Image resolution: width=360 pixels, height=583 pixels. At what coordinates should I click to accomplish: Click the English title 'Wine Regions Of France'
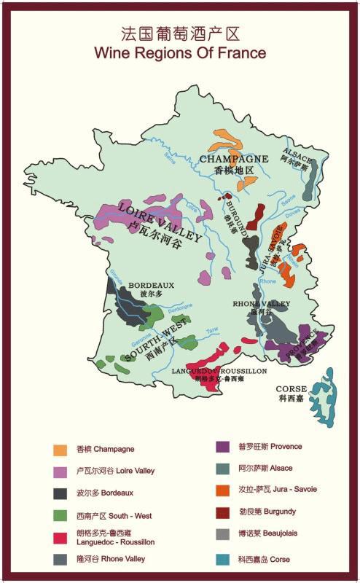[180, 53]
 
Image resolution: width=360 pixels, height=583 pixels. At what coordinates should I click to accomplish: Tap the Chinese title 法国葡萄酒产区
[180, 34]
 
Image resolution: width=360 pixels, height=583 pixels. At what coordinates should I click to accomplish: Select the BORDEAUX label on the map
[152, 286]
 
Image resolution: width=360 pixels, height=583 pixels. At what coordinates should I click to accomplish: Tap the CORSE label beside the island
[291, 389]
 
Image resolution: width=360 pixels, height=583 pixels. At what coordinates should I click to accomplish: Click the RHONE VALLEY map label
[261, 304]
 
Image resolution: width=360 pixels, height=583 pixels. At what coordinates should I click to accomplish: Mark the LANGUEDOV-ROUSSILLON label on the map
[219, 371]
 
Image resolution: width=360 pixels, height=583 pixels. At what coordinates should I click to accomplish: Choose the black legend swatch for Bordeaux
[61, 493]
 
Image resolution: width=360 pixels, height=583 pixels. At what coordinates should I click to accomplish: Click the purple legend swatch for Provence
[224, 446]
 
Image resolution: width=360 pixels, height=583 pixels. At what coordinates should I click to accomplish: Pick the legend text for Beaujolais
[267, 533]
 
